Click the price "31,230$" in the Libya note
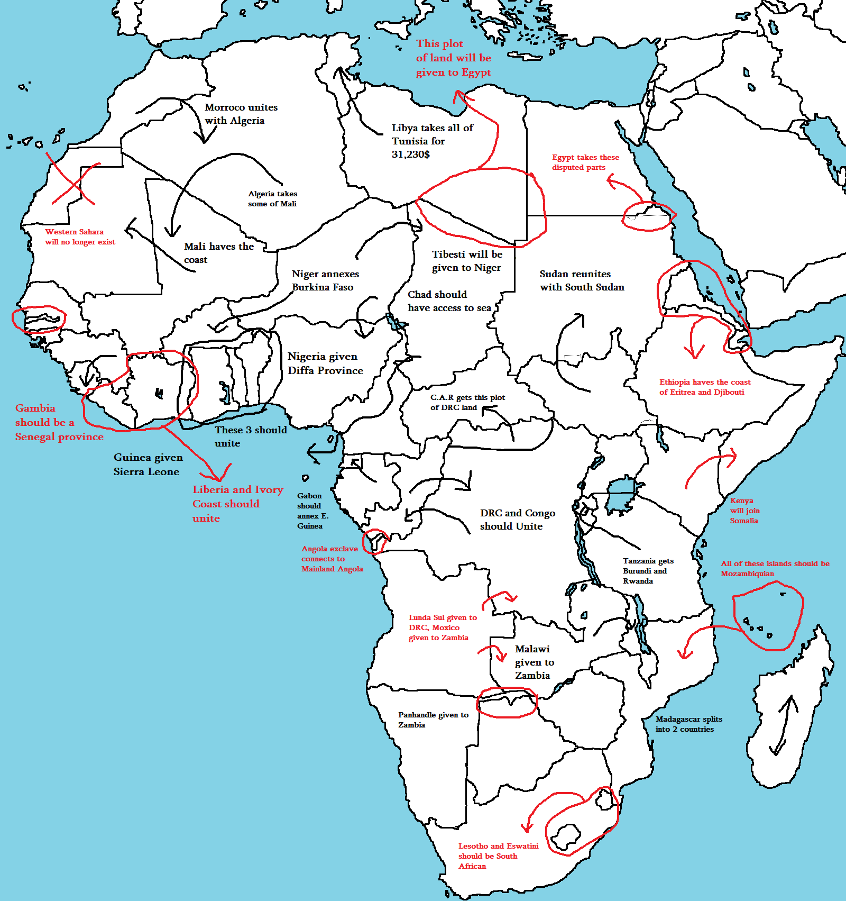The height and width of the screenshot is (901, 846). (410, 154)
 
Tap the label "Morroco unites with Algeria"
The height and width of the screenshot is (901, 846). (241, 114)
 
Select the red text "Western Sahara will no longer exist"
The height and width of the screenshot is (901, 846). (80, 236)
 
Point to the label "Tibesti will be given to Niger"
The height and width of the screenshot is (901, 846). (466, 261)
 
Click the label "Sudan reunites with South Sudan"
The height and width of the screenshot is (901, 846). (581, 280)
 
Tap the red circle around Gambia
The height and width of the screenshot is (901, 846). (38, 320)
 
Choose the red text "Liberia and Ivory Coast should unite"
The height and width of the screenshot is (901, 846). (237, 504)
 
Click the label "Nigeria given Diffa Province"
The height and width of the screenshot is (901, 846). (325, 363)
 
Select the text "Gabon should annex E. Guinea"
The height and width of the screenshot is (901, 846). (312, 511)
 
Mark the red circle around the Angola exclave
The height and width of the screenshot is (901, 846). (375, 541)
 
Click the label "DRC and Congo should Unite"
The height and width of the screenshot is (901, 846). (517, 520)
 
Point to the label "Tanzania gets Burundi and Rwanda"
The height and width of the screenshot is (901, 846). (647, 571)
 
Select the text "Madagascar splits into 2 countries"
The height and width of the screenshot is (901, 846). (688, 724)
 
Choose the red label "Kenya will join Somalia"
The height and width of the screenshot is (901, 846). (744, 511)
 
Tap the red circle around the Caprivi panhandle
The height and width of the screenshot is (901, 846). (507, 702)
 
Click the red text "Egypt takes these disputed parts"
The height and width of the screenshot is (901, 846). (585, 162)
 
